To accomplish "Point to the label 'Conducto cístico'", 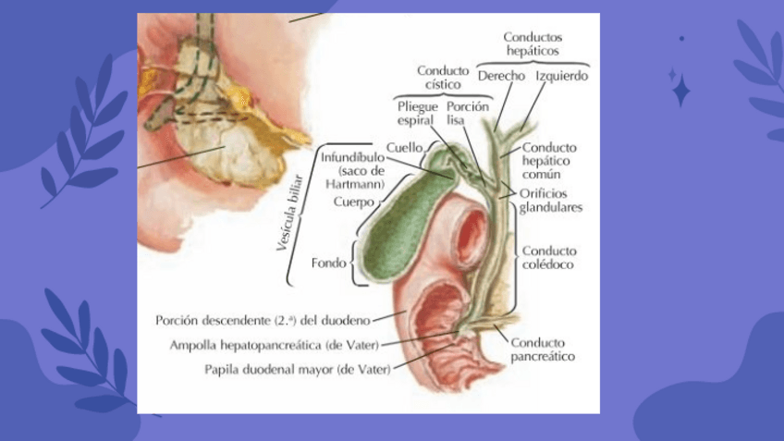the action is point(444,77).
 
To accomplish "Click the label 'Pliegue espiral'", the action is point(417,113).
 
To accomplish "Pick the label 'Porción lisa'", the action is point(467,113).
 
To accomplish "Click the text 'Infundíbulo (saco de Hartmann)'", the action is point(352,170).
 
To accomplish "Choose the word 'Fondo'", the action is point(329,262).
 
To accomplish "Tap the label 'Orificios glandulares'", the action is point(551,201).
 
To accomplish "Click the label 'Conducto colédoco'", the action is point(549,257).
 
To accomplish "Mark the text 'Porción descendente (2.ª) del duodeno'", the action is point(263,320).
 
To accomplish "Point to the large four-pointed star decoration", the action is point(680,91).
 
